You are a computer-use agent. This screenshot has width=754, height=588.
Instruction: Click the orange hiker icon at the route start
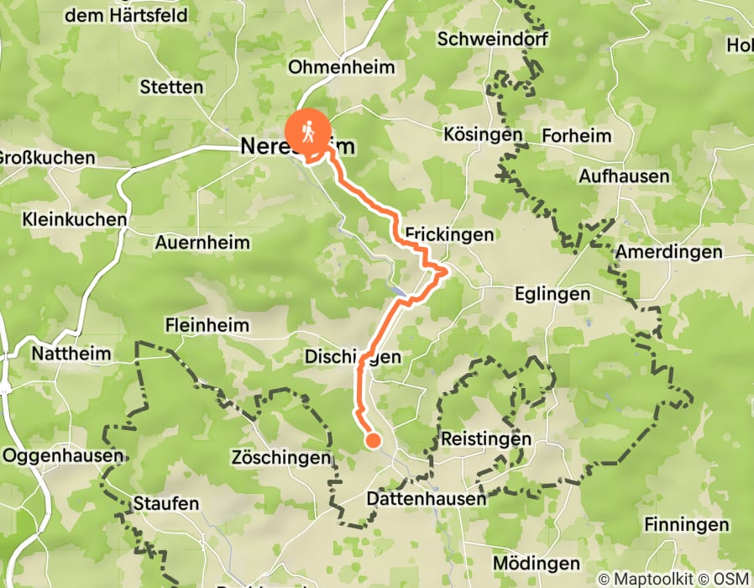point(308,132)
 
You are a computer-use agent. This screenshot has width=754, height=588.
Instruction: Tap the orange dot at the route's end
point(373,440)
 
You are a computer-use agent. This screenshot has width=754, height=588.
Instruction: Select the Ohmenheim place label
point(340,67)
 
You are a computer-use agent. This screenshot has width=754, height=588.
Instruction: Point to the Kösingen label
point(483,134)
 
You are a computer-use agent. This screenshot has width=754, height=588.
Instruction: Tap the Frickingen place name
point(449,235)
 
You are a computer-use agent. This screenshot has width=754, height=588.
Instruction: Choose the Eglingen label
point(552,294)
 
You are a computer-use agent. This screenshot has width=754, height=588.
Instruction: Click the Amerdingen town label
point(668,252)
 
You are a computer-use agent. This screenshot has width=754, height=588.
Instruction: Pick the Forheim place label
point(577,135)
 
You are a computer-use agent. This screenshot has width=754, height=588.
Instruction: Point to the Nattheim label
point(71,354)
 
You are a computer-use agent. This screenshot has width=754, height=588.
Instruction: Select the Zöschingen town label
point(280,459)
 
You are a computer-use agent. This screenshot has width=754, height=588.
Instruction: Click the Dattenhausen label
point(427,499)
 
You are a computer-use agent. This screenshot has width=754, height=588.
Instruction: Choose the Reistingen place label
point(486,439)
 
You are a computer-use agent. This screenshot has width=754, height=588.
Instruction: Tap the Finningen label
point(686,525)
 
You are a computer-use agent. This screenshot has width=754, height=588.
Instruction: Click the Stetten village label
point(171,87)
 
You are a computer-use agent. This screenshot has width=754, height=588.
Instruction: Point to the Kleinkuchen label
point(76,220)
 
